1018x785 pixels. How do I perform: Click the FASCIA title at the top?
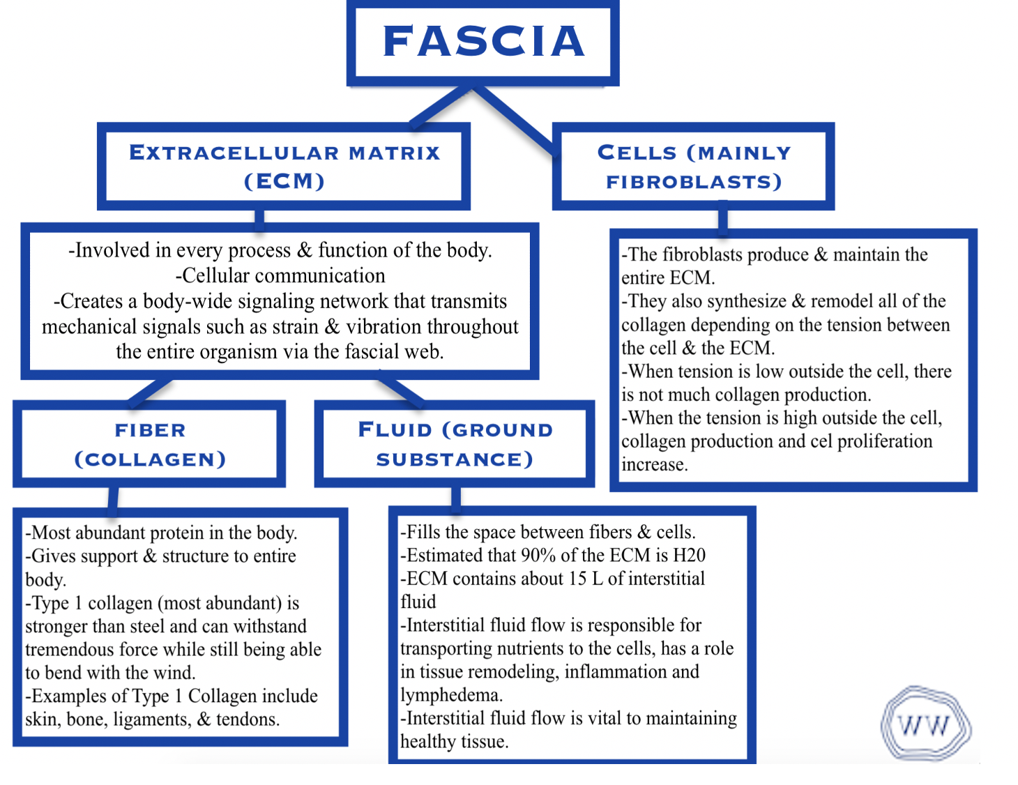(x=483, y=42)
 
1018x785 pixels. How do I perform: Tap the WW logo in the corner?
(x=925, y=725)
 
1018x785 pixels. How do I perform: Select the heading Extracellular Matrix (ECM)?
(x=284, y=167)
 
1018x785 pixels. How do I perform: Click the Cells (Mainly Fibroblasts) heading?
(x=694, y=167)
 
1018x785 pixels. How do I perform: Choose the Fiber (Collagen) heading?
(x=150, y=445)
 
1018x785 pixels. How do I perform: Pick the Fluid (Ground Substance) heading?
(x=455, y=445)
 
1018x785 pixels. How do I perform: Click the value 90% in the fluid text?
(x=538, y=556)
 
